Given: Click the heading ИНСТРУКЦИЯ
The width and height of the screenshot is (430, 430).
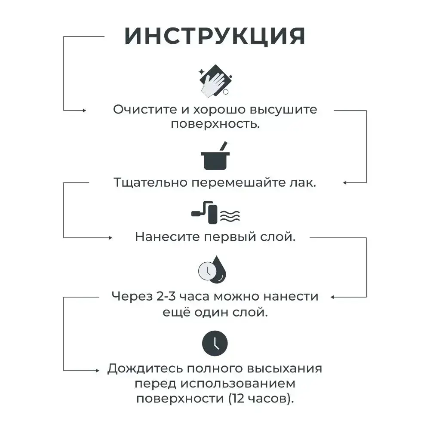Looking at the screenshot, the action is click(215, 36).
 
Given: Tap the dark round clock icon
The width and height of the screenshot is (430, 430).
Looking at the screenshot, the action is click(215, 343).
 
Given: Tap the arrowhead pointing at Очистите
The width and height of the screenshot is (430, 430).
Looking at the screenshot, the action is click(84, 111).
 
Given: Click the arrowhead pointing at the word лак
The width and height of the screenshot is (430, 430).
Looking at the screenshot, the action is click(345, 183).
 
